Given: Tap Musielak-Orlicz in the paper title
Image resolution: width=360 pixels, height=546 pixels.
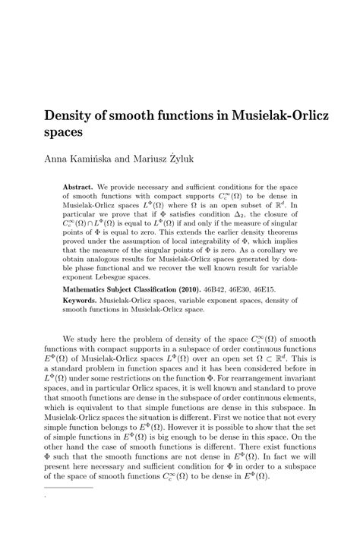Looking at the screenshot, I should (x=283, y=113).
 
